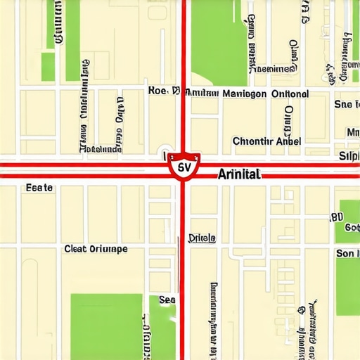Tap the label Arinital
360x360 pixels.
[x=239, y=174]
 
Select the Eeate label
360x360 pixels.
[x=39, y=188]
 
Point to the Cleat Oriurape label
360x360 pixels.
[x=96, y=248]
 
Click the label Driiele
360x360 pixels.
[x=202, y=238]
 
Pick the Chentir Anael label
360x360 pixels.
[x=266, y=141]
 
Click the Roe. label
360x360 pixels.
[x=159, y=91]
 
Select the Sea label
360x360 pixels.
[x=167, y=300]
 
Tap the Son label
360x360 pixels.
[x=346, y=253]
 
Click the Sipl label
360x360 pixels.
[x=349, y=155]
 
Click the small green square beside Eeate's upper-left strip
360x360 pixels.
[x=48, y=67]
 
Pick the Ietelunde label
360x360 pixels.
[x=101, y=149]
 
